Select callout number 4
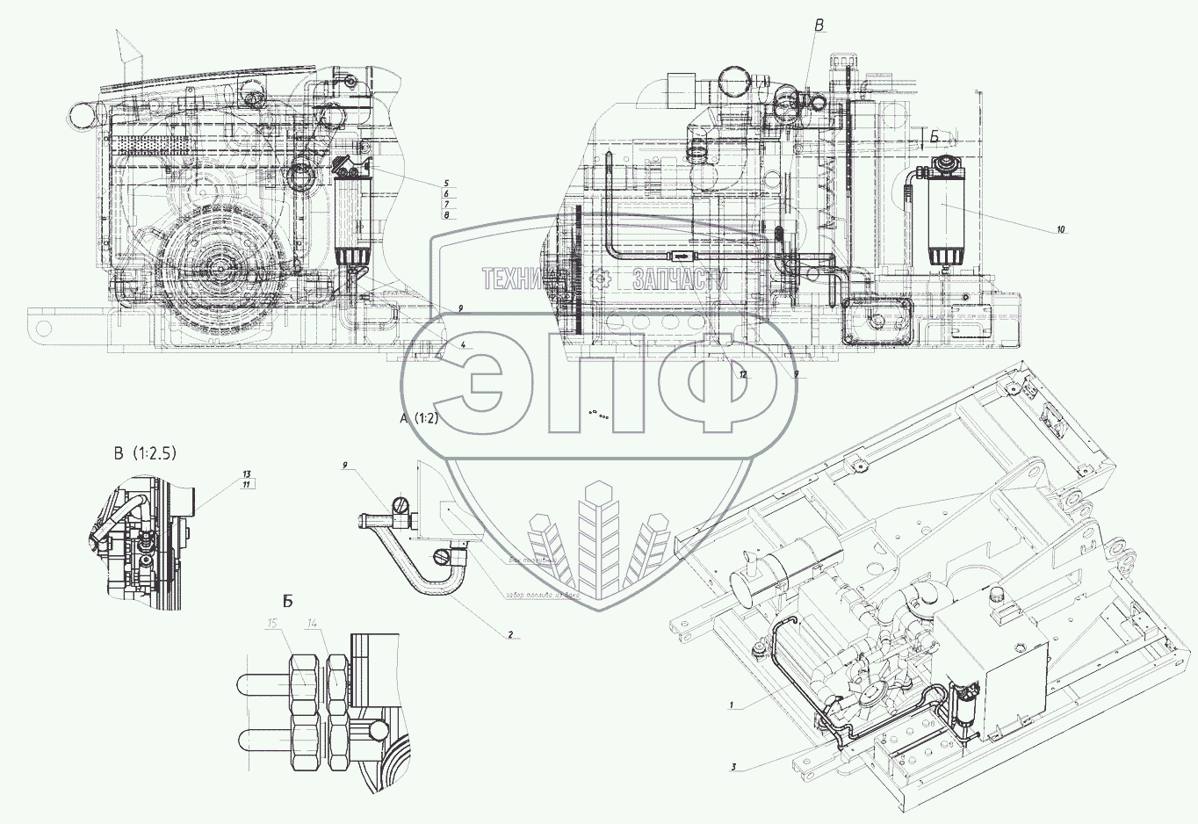click(x=463, y=344)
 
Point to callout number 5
click(x=446, y=184)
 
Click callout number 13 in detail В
click(x=247, y=474)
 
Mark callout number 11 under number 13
click(x=247, y=485)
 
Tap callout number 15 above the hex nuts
click(x=273, y=624)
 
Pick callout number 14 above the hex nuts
click(x=314, y=624)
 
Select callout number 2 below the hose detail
click(x=509, y=633)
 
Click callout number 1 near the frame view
click(x=730, y=705)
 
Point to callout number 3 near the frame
click(x=733, y=767)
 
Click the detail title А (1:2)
click(x=419, y=419)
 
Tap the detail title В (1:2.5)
click(x=145, y=453)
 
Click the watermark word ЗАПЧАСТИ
click(x=680, y=279)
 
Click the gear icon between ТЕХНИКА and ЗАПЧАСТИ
click(x=602, y=279)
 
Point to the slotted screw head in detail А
click(x=402, y=507)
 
